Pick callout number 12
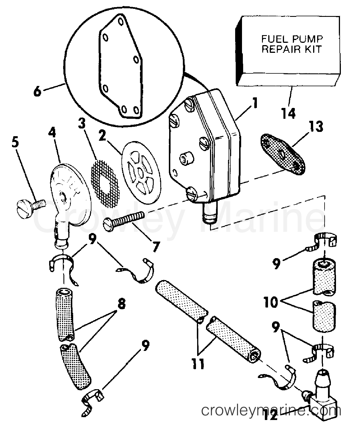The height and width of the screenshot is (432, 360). (x=271, y=416)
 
